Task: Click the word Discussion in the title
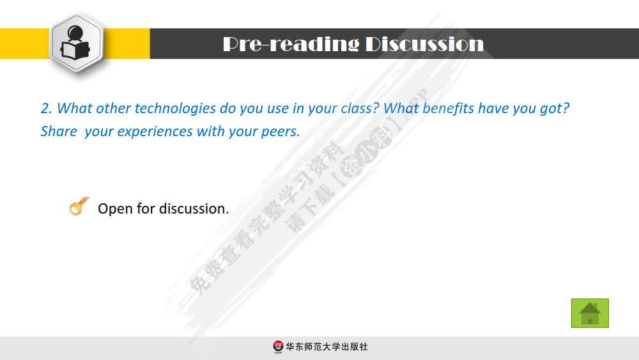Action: pyautogui.click(x=424, y=44)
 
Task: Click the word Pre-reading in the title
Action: pyautogui.click(x=291, y=44)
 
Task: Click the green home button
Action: pyautogui.click(x=589, y=313)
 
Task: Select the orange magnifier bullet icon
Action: pyautogui.click(x=79, y=207)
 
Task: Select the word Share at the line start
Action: pyautogui.click(x=58, y=132)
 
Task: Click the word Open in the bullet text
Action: pyautogui.click(x=115, y=209)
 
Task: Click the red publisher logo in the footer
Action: pyautogui.click(x=278, y=347)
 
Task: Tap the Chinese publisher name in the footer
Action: pyautogui.click(x=327, y=347)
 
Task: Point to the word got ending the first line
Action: pyautogui.click(x=553, y=109)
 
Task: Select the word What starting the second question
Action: pyautogui.click(x=401, y=109)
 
